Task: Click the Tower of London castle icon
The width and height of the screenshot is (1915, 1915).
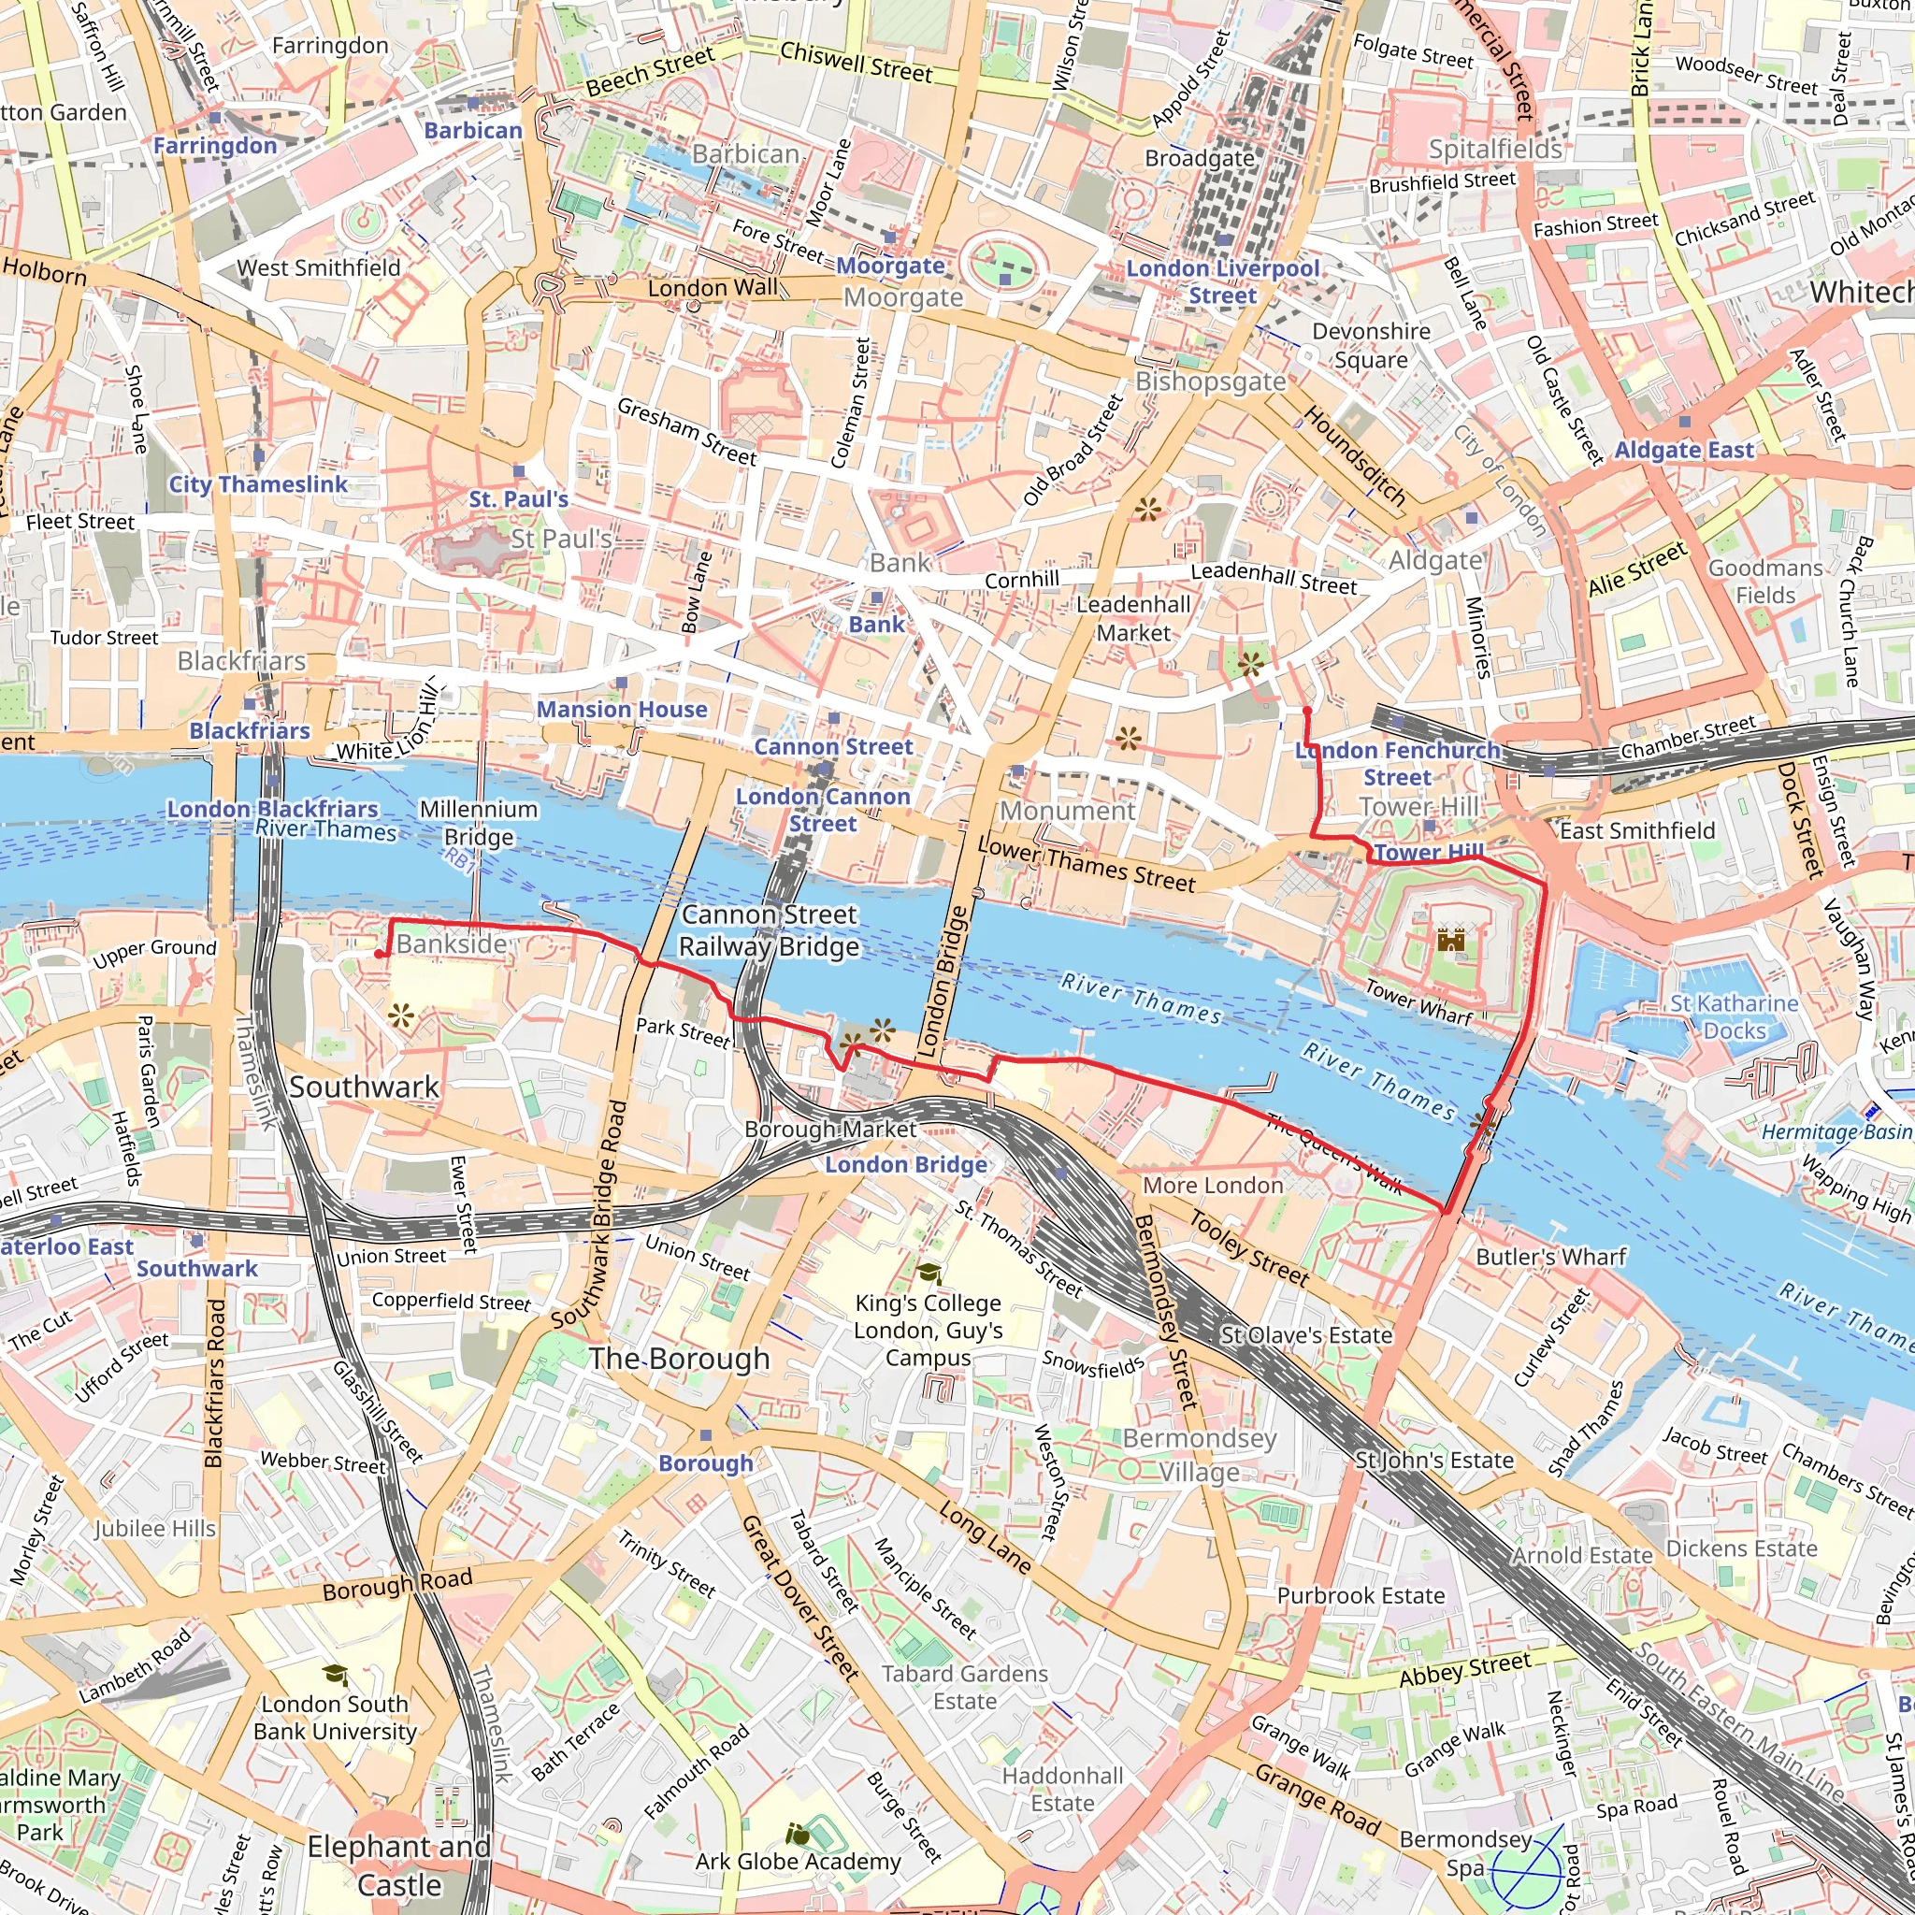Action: tap(1450, 940)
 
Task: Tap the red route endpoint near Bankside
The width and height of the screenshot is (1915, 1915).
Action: tap(379, 954)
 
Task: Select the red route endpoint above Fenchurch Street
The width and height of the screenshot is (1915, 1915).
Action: tap(1306, 711)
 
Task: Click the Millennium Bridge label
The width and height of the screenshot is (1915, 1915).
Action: tap(479, 823)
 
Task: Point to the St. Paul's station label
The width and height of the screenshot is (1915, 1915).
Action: tap(518, 498)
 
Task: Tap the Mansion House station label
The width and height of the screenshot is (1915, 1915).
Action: tap(622, 709)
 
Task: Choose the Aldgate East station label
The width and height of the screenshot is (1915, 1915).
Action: tap(1684, 450)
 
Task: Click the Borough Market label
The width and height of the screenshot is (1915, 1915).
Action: tap(830, 1129)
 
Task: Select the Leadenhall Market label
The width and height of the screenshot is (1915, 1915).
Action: tap(1133, 618)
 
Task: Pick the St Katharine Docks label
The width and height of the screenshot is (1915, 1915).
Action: tap(1734, 1017)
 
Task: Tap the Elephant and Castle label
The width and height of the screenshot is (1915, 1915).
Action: tap(399, 1865)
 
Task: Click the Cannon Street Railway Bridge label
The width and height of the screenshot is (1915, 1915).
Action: tap(770, 929)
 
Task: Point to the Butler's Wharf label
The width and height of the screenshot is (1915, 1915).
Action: tap(1551, 1257)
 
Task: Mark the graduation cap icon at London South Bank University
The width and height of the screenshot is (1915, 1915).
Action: tap(336, 1675)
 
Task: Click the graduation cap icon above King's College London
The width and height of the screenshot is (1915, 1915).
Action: tap(929, 1274)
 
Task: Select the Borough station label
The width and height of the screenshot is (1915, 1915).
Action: tap(706, 1463)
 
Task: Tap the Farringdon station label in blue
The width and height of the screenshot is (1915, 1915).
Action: tap(214, 146)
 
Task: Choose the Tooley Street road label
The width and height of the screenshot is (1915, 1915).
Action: tap(1249, 1248)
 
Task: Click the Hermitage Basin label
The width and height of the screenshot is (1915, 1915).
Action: tap(1836, 1132)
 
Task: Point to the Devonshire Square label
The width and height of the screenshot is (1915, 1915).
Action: tap(1371, 345)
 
